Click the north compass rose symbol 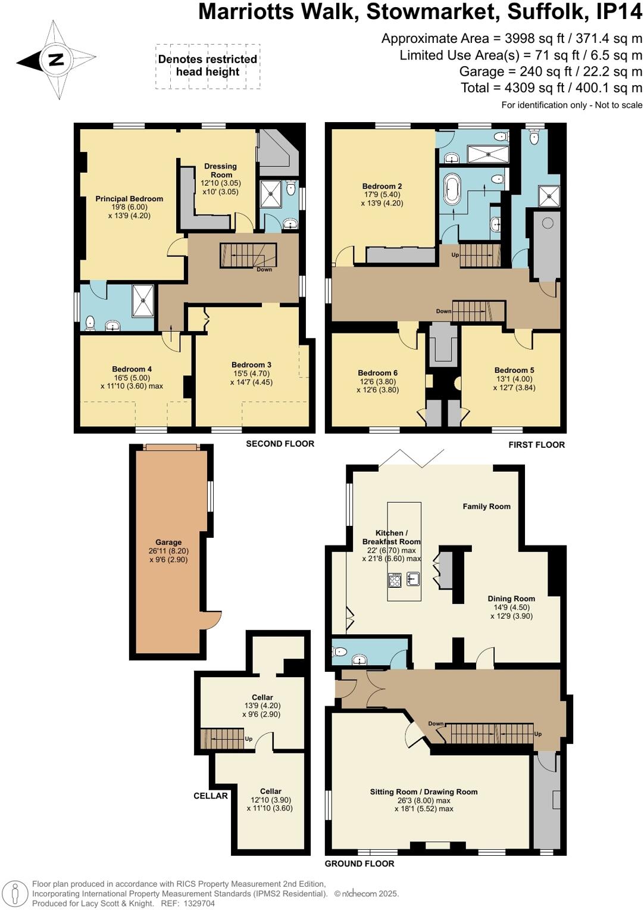(x=57, y=60)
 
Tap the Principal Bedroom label (x=129, y=199)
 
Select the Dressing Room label (x=220, y=170)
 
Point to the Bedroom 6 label (x=378, y=373)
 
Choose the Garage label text (x=168, y=542)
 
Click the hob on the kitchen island (x=395, y=579)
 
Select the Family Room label (x=486, y=506)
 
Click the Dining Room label (x=511, y=599)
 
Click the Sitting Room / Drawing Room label (x=424, y=791)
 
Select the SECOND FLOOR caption (x=280, y=443)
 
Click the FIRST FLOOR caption (x=536, y=444)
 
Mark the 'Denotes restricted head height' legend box (x=208, y=66)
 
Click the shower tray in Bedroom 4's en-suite (x=143, y=300)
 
